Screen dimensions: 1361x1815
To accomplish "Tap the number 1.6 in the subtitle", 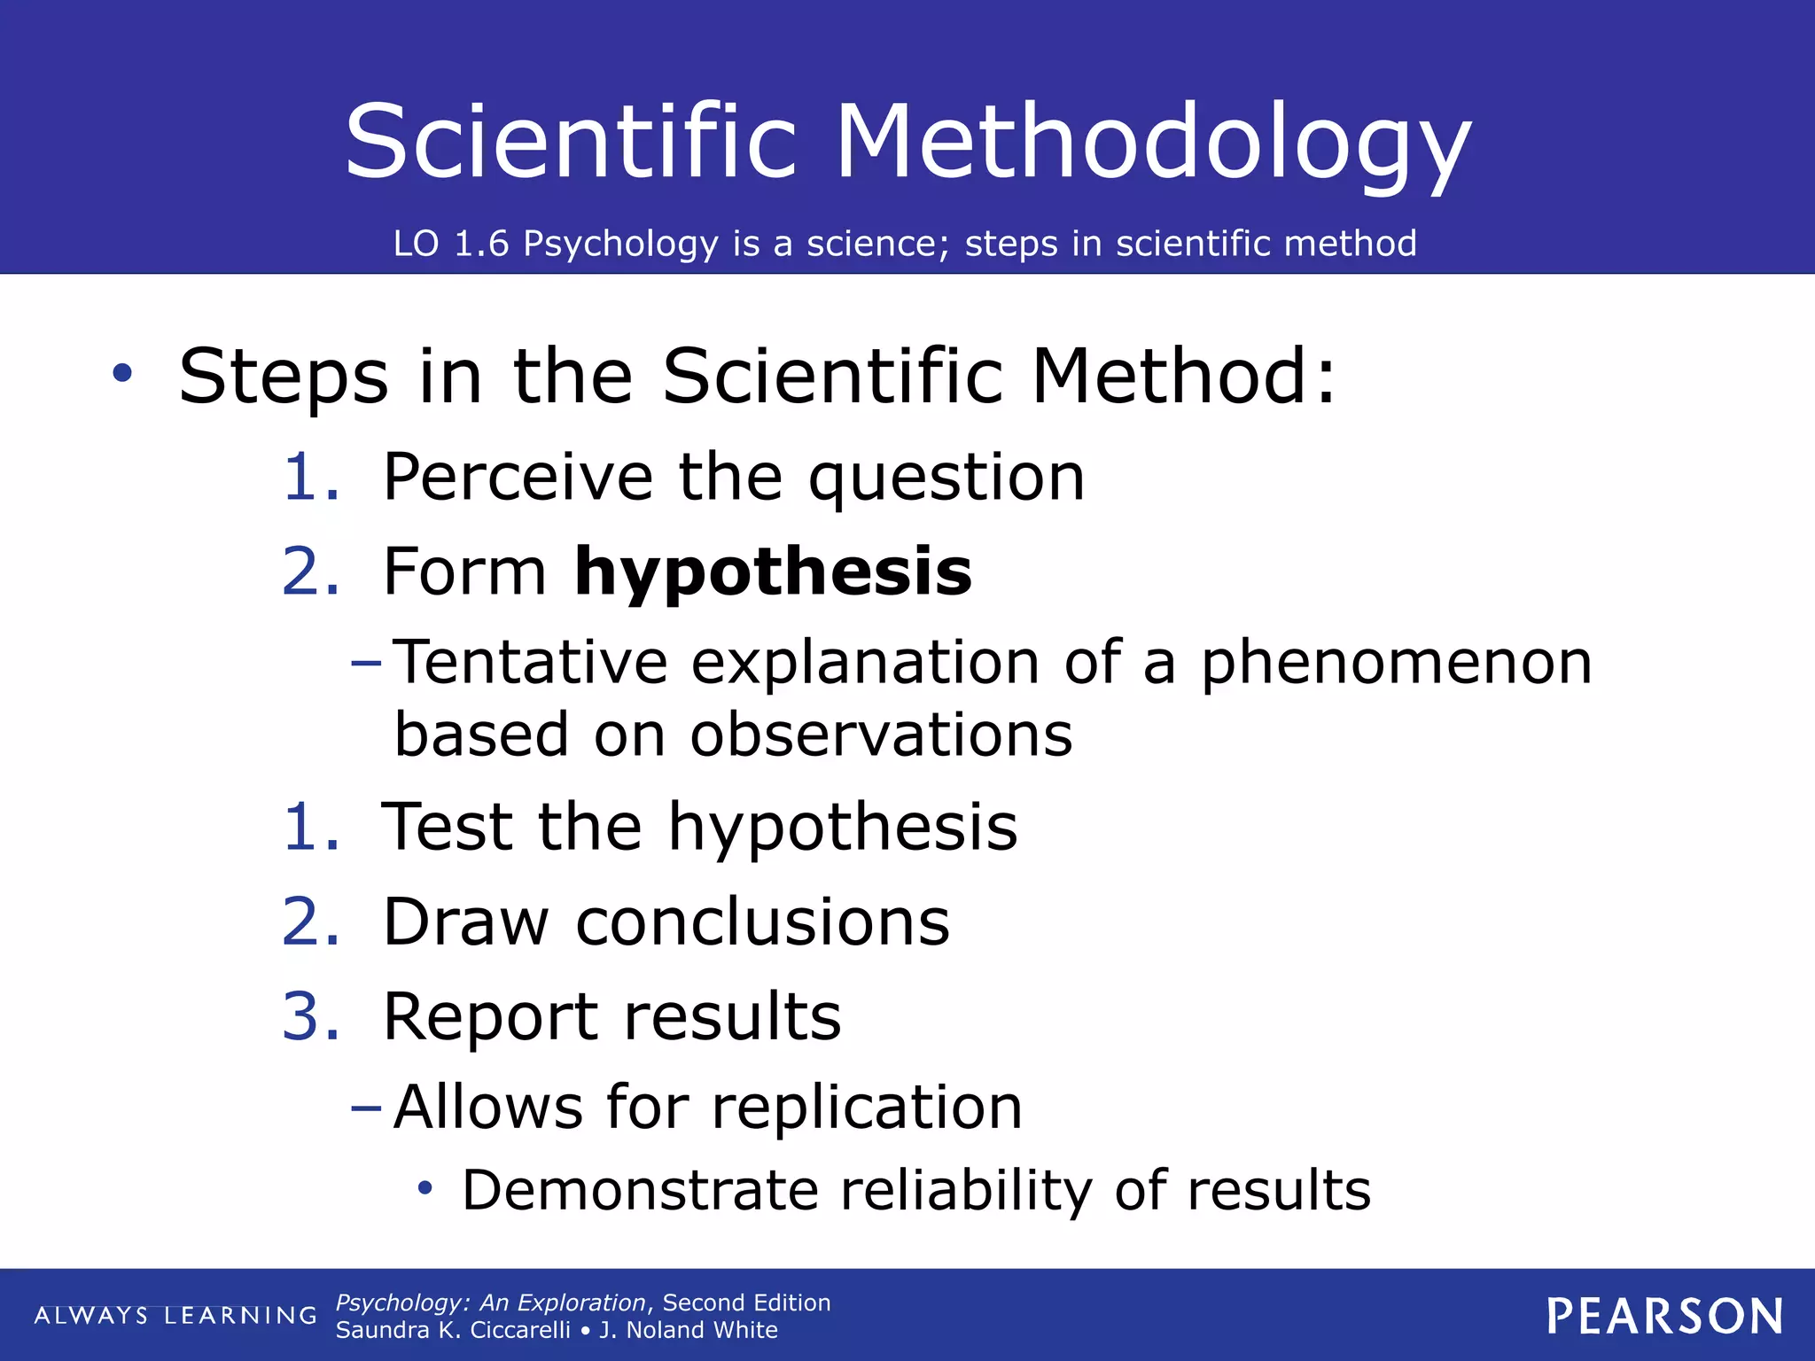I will coord(481,244).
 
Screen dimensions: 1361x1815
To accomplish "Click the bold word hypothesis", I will coord(773,572).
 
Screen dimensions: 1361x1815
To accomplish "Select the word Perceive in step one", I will coord(518,478).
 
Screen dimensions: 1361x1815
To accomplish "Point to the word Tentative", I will coord(530,663).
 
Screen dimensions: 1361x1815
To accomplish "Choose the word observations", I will coord(881,735).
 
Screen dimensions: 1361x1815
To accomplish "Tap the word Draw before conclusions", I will coord(466,922).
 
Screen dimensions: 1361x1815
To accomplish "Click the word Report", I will coord(490,1017).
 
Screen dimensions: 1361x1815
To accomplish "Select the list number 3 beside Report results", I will coord(300,1016).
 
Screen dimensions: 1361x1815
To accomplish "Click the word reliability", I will coord(966,1190).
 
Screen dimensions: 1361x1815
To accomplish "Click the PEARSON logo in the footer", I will coord(1664,1317).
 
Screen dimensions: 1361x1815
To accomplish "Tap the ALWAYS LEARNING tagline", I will coord(175,1316).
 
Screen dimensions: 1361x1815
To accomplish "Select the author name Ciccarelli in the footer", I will coord(519,1331).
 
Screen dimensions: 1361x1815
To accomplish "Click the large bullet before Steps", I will coord(122,373).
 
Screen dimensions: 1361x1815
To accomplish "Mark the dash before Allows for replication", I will coord(366,1107).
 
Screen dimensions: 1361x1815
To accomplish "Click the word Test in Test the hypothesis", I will coord(446,828).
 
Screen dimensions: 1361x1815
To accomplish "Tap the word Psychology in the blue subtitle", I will coord(619,244).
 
